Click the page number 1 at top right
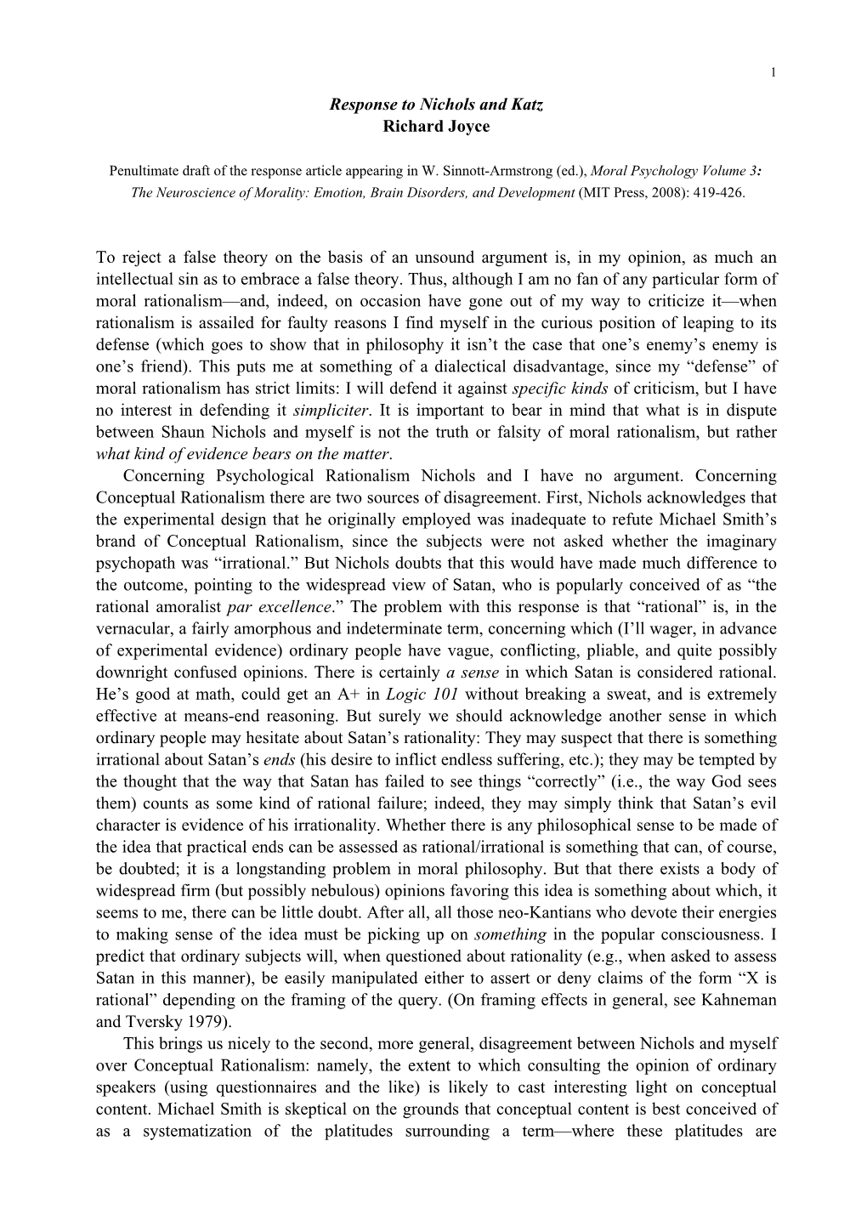(x=773, y=72)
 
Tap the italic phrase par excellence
(x=295, y=606)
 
